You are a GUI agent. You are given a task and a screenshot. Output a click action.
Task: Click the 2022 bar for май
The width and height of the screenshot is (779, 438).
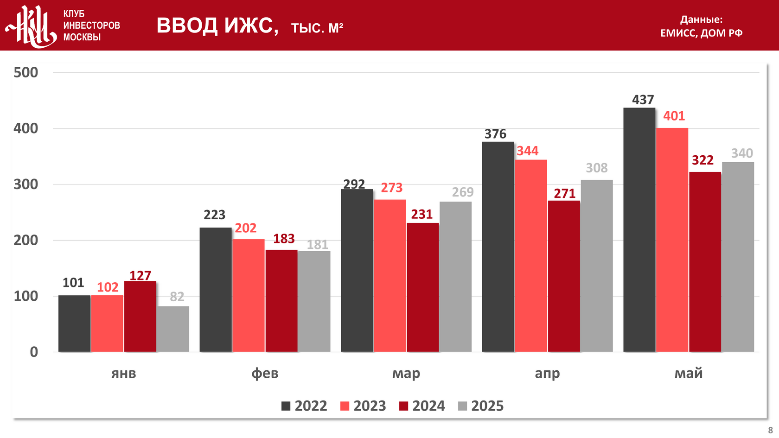tap(639, 230)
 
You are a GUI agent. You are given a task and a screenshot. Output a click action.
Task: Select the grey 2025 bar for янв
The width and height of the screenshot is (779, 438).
tap(173, 329)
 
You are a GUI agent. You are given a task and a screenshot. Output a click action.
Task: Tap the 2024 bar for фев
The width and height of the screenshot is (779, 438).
tap(281, 301)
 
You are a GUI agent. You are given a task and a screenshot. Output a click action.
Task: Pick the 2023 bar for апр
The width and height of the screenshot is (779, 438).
tap(531, 256)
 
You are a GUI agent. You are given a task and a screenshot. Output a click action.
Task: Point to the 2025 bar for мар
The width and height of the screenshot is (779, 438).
tap(455, 277)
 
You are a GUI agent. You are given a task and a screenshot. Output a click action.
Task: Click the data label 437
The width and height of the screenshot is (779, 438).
tap(643, 100)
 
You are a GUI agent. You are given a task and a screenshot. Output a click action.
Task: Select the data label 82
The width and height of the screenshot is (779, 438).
tap(177, 297)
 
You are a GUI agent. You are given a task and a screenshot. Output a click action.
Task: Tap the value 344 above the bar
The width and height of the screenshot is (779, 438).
tap(528, 151)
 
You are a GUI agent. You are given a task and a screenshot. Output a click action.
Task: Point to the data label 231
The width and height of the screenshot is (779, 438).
tap(421, 215)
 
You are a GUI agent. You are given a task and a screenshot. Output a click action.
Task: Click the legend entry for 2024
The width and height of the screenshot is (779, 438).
tap(422, 406)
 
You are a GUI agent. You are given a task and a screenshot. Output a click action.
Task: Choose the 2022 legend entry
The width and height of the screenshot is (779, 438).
tap(304, 406)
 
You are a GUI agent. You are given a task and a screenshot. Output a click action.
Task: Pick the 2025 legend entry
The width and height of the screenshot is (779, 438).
tap(481, 406)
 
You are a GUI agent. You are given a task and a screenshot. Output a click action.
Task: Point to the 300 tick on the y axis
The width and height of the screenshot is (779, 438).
tap(26, 184)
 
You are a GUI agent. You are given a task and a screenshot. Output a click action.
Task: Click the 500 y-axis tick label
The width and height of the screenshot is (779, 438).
tap(26, 72)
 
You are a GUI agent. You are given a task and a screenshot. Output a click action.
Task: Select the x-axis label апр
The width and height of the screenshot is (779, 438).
tap(547, 374)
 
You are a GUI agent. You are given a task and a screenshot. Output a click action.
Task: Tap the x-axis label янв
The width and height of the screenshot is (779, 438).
tap(124, 374)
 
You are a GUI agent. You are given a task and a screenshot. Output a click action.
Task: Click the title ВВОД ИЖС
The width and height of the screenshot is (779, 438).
tap(217, 25)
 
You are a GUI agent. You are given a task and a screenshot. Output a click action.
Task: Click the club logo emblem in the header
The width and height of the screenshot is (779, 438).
tap(32, 26)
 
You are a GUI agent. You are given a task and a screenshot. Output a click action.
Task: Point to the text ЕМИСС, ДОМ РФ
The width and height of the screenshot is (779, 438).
tap(701, 33)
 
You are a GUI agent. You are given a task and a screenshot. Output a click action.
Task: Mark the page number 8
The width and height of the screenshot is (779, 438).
tap(770, 430)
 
